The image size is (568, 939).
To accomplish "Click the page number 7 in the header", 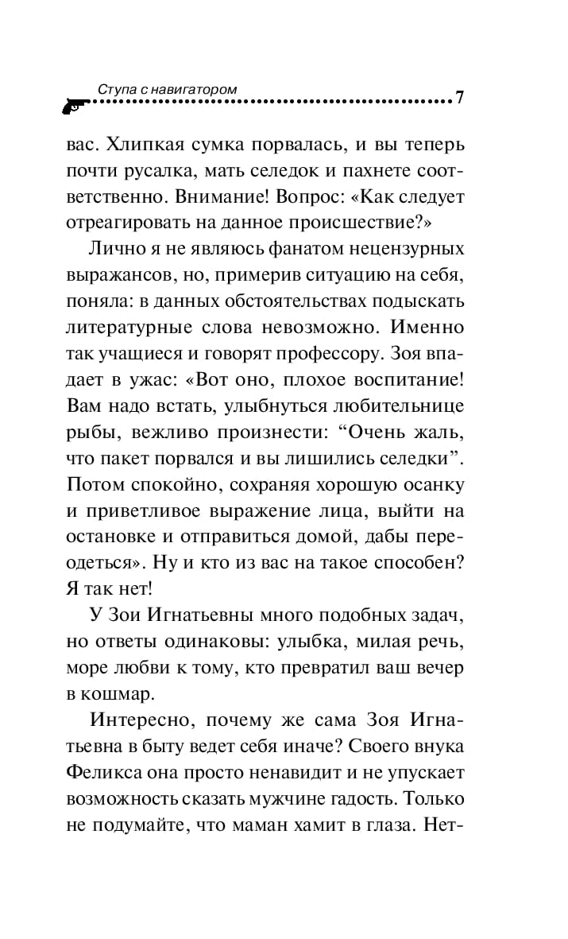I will tap(459, 98).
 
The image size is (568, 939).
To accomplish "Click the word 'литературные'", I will tap(126, 328).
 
